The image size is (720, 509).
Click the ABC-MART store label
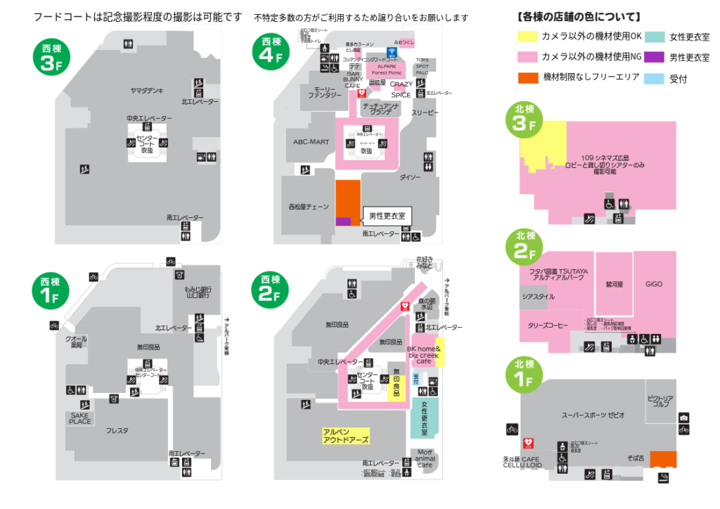click(x=311, y=141)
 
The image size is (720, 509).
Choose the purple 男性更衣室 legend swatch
click(x=656, y=58)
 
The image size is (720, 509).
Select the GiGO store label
click(x=654, y=284)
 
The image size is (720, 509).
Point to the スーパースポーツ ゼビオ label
click(x=593, y=415)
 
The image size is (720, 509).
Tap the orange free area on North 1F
click(x=663, y=459)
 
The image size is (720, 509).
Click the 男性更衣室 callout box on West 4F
click(x=387, y=216)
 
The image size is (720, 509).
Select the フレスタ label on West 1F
click(x=117, y=430)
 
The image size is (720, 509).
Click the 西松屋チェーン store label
click(x=309, y=207)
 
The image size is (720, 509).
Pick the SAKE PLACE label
click(x=80, y=418)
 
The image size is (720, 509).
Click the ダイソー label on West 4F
click(x=411, y=177)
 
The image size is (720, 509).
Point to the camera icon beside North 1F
click(x=683, y=418)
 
